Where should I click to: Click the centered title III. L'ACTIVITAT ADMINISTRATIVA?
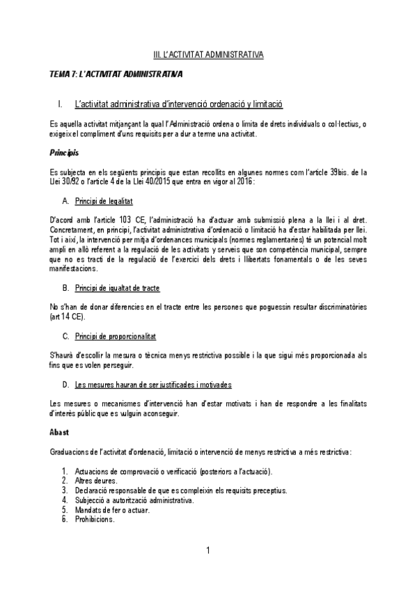(208, 53)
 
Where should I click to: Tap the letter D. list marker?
(65, 385)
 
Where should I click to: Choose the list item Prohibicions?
(95, 518)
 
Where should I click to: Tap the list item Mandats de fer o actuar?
(111, 509)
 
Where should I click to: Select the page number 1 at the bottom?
(208, 552)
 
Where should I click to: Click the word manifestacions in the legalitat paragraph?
(76, 268)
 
